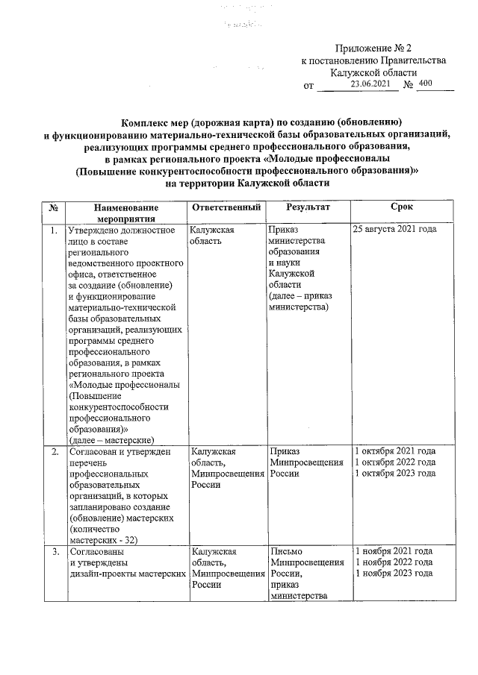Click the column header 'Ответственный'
[226, 207]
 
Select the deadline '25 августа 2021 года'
[394, 230]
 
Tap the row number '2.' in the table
[54, 452]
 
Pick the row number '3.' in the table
[54, 551]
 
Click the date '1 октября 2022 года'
[395, 462]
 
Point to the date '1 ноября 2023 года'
[394, 573]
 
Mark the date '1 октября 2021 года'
[395, 451]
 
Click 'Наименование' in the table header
[126, 207]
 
